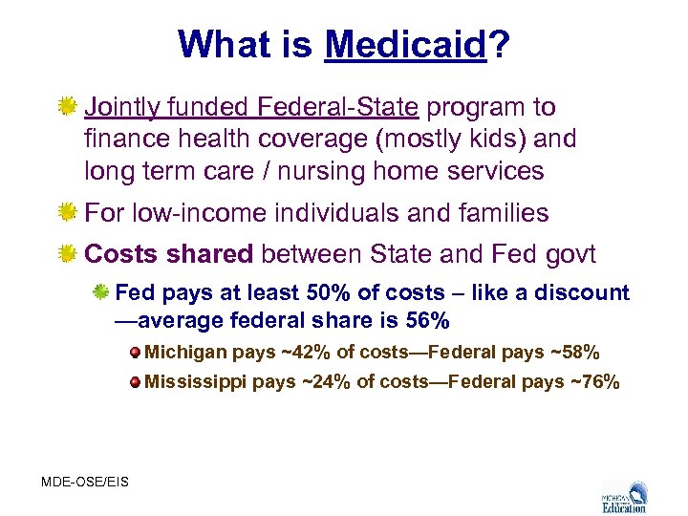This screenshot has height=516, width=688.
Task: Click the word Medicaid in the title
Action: point(406,45)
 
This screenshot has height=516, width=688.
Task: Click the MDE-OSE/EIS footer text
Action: point(84,482)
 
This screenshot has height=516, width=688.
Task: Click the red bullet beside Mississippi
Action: point(138,383)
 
